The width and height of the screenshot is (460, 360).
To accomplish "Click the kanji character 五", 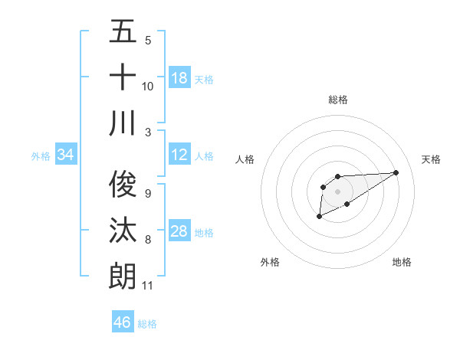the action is point(123,32).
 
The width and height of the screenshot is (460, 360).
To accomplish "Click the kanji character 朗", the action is point(123,274).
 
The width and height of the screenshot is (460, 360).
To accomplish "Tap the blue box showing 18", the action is point(179,77).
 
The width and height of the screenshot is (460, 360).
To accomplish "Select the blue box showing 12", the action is point(179,155).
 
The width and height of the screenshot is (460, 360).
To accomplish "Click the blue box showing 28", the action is point(179,231).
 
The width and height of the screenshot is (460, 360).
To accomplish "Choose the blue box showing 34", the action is point(66,155).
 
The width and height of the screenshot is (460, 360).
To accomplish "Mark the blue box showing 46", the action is point(123,322).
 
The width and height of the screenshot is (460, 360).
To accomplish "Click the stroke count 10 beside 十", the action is point(148,86).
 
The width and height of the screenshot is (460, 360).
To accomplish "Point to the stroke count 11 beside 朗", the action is point(148,286).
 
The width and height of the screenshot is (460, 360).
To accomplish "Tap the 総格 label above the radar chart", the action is point(337,100).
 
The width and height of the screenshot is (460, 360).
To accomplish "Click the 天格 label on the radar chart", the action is point(432,159).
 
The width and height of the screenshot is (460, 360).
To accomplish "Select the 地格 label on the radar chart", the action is point(402,262).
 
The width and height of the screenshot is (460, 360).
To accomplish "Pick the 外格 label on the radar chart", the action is point(270,262).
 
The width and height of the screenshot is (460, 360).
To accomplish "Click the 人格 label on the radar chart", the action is point(245,159).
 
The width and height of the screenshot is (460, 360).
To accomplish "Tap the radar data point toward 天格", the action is point(396,172).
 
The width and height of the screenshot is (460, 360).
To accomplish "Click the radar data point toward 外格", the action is point(319,218).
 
